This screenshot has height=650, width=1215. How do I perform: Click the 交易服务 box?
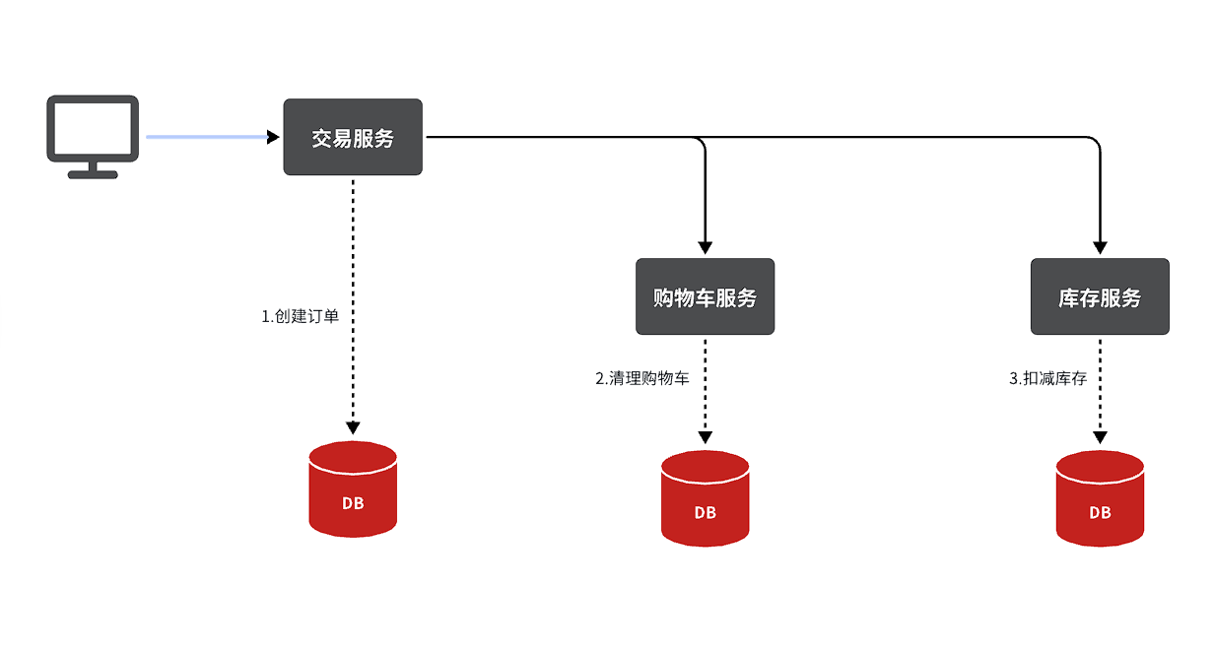click(353, 138)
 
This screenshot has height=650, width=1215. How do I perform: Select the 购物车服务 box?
click(705, 296)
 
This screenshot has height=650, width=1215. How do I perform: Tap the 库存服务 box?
click(1100, 296)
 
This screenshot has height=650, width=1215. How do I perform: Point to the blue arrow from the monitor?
click(207, 137)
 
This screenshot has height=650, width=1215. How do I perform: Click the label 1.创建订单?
click(300, 316)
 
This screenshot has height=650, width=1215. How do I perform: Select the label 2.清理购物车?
click(641, 378)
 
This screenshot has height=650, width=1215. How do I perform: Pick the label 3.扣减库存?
click(1047, 378)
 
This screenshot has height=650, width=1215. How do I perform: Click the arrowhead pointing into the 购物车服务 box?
click(705, 247)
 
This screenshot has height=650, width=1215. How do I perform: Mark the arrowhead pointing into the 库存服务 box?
click(1100, 247)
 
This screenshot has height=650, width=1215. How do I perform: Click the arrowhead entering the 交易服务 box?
click(274, 137)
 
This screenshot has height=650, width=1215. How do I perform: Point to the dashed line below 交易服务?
click(353, 295)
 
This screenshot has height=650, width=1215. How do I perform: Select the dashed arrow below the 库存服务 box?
click(1100, 389)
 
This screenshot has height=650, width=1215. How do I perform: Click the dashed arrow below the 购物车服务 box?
click(705, 389)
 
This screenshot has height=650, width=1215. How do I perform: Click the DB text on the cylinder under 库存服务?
click(1100, 512)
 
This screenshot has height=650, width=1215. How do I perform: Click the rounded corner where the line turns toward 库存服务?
click(1095, 142)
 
